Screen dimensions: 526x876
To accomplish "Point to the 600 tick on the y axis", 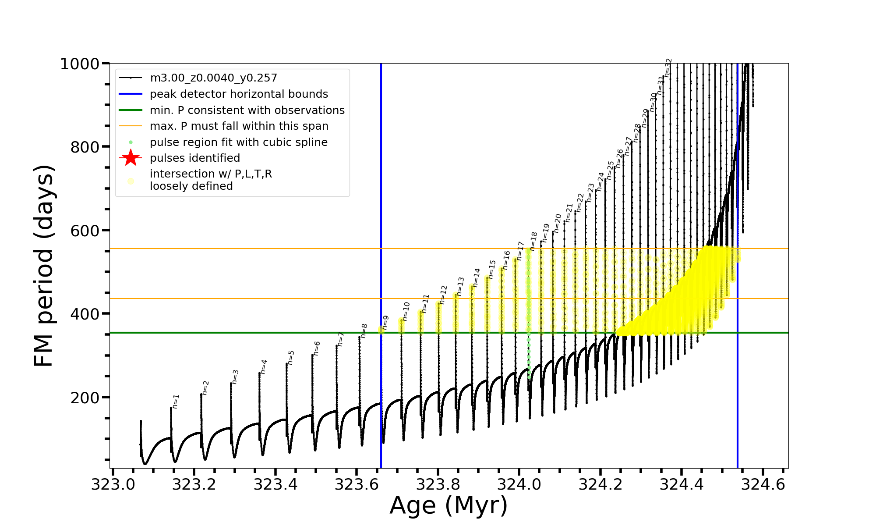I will coord(85,231).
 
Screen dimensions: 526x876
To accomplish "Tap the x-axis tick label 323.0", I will coord(113,484).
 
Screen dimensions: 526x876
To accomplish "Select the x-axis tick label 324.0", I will coord(519,484).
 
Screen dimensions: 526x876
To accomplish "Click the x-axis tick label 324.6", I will coord(763,484).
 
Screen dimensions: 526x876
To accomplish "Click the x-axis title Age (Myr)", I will coord(449,505).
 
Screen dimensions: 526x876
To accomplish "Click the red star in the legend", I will coord(131,158).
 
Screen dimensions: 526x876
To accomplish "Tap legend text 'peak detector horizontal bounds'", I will coord(239,94).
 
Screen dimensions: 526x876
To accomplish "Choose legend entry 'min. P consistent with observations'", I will coord(247,110).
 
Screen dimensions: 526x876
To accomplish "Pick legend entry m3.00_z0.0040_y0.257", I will coord(213,78).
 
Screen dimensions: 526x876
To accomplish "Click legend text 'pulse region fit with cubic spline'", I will coord(238,142).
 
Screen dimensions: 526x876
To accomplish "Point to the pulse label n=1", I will coord(176,402).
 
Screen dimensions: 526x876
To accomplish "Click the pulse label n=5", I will coord(291,357).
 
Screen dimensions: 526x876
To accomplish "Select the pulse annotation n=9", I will coord(385,322).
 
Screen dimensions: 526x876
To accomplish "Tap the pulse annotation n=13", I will coord(460,286).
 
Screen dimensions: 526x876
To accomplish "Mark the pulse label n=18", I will coord(533,241).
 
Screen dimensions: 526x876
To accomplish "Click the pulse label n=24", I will coord(600,181).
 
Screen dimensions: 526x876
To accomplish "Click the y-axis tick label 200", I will coord(85,398).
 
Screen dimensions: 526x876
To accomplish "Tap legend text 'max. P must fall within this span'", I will coord(239,126).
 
